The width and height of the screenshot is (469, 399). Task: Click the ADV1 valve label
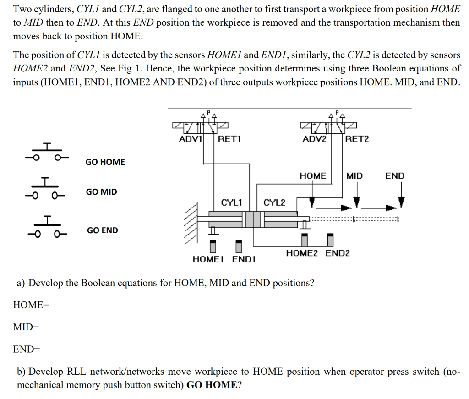click(190, 139)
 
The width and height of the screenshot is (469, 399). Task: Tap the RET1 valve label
click(229, 139)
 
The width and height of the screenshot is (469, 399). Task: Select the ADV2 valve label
click(315, 139)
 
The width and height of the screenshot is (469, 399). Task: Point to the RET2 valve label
click(357, 139)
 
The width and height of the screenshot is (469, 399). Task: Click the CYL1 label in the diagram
click(232, 202)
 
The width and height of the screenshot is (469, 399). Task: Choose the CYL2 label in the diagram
click(274, 202)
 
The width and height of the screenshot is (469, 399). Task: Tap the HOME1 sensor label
click(208, 260)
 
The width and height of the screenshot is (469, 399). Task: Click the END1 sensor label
click(244, 260)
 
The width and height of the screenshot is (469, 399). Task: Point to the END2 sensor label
click(338, 253)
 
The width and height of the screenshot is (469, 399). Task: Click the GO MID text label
click(102, 192)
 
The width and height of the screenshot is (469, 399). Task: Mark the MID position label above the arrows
click(354, 176)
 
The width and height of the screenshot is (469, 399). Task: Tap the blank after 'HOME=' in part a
click(92, 305)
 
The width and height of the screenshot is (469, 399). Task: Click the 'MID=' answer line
click(26, 327)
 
